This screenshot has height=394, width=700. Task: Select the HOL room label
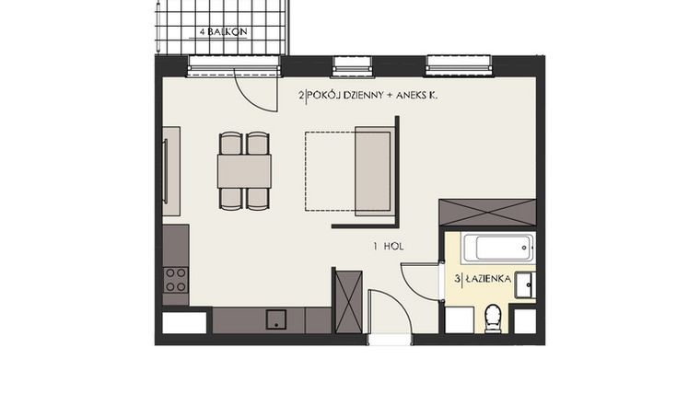click(389, 247)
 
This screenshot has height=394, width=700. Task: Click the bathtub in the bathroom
click(497, 248)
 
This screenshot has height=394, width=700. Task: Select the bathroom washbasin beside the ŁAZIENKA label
click(524, 285)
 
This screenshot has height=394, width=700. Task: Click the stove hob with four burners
click(175, 279)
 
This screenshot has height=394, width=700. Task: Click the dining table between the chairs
click(244, 170)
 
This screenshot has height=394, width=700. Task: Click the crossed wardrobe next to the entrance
click(348, 299)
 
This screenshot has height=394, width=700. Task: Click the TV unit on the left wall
click(171, 171)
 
